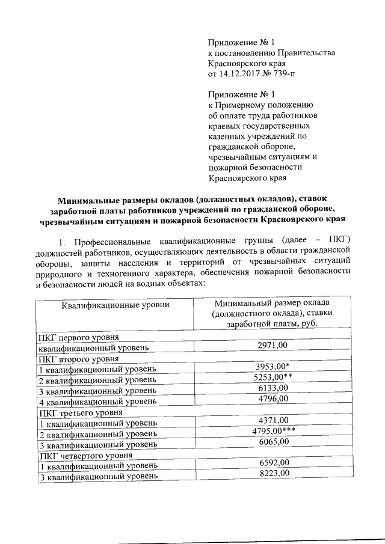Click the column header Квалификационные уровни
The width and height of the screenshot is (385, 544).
pyautogui.click(x=115, y=305)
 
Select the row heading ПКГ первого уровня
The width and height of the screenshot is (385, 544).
pyautogui.click(x=77, y=337)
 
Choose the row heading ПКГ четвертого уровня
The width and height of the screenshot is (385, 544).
pyautogui.click(x=82, y=455)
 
